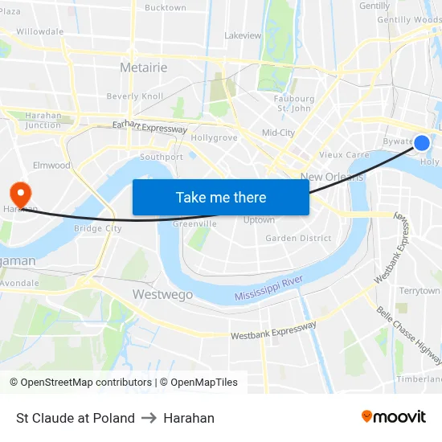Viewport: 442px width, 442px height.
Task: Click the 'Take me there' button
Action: click(220, 197)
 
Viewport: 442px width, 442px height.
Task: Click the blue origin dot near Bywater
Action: click(422, 143)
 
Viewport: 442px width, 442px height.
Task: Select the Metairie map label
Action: click(143, 68)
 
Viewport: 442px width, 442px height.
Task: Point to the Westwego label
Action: click(162, 295)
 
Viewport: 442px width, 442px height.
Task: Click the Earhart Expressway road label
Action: click(149, 127)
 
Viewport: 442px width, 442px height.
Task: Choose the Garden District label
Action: click(298, 238)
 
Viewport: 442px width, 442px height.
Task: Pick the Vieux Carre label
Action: click(344, 154)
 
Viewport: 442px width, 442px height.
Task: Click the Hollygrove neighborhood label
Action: click(214, 137)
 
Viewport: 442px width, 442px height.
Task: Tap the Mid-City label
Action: click(278, 133)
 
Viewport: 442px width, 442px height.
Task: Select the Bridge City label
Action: click(97, 228)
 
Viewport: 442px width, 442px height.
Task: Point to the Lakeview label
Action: click(243, 35)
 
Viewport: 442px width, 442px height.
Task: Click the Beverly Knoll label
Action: click(135, 96)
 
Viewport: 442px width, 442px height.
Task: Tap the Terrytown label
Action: click(419, 290)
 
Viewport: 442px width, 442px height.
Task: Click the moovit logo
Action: click(393, 416)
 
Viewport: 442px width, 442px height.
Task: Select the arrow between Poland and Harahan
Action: click(149, 418)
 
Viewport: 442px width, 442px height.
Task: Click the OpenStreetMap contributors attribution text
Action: click(84, 383)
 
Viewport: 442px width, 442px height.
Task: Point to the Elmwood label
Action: click(52, 166)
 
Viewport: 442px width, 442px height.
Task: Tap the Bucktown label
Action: click(165, 8)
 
